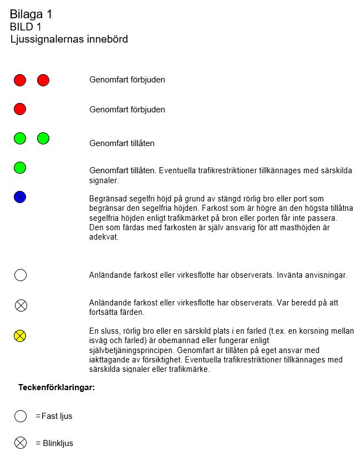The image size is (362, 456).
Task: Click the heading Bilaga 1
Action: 35,15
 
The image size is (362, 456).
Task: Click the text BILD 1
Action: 26,27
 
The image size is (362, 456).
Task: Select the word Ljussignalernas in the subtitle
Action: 44,39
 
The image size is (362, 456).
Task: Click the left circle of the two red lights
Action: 20,80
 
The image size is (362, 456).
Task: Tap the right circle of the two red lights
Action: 43,80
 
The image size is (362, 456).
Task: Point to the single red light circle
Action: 20,108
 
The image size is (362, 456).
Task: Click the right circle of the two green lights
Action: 43,138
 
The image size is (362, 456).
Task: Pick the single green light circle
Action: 20,167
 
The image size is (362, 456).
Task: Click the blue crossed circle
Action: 20,196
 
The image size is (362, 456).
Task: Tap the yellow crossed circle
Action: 20,335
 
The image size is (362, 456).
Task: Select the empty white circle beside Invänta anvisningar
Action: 21,275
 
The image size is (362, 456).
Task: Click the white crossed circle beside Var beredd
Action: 21,305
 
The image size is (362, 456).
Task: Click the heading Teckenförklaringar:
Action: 57,387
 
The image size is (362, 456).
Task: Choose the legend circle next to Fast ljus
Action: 21,416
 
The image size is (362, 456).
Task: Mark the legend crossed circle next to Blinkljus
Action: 21,443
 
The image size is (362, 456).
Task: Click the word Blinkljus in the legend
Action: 58,443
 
